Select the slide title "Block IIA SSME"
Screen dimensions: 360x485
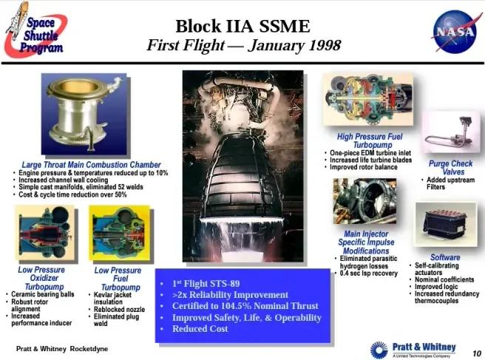[x=243, y=27]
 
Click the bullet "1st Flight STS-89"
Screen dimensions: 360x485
[x=206, y=282]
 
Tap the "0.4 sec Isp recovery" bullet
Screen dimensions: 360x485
[x=369, y=273]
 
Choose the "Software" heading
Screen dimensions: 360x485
[x=445, y=257]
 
